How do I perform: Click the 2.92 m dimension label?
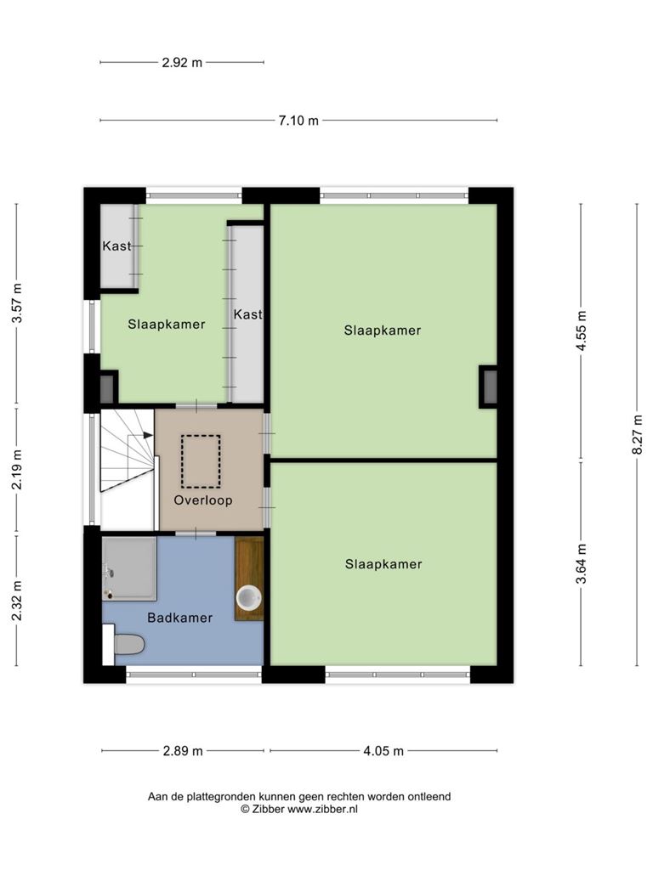point(182,63)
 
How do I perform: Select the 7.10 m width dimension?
point(298,121)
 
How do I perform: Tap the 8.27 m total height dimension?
point(637,435)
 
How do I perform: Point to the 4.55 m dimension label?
point(581,330)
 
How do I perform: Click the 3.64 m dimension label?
point(581,564)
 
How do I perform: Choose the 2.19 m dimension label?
point(17,470)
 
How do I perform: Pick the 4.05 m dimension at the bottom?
point(383,751)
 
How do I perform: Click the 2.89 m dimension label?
point(183,751)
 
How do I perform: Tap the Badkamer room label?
point(180,618)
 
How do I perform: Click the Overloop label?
point(203,500)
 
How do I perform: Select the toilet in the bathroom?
point(124,644)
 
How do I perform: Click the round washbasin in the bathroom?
point(249,597)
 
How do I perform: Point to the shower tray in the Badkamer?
point(129,568)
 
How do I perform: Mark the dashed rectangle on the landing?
point(201,461)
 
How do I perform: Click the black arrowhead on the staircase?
point(148,435)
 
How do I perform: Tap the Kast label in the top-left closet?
point(116,246)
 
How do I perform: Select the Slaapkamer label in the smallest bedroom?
point(167,325)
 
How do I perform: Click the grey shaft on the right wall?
point(489,387)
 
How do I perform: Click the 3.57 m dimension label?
point(17,303)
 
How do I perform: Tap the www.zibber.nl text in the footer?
point(322,810)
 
